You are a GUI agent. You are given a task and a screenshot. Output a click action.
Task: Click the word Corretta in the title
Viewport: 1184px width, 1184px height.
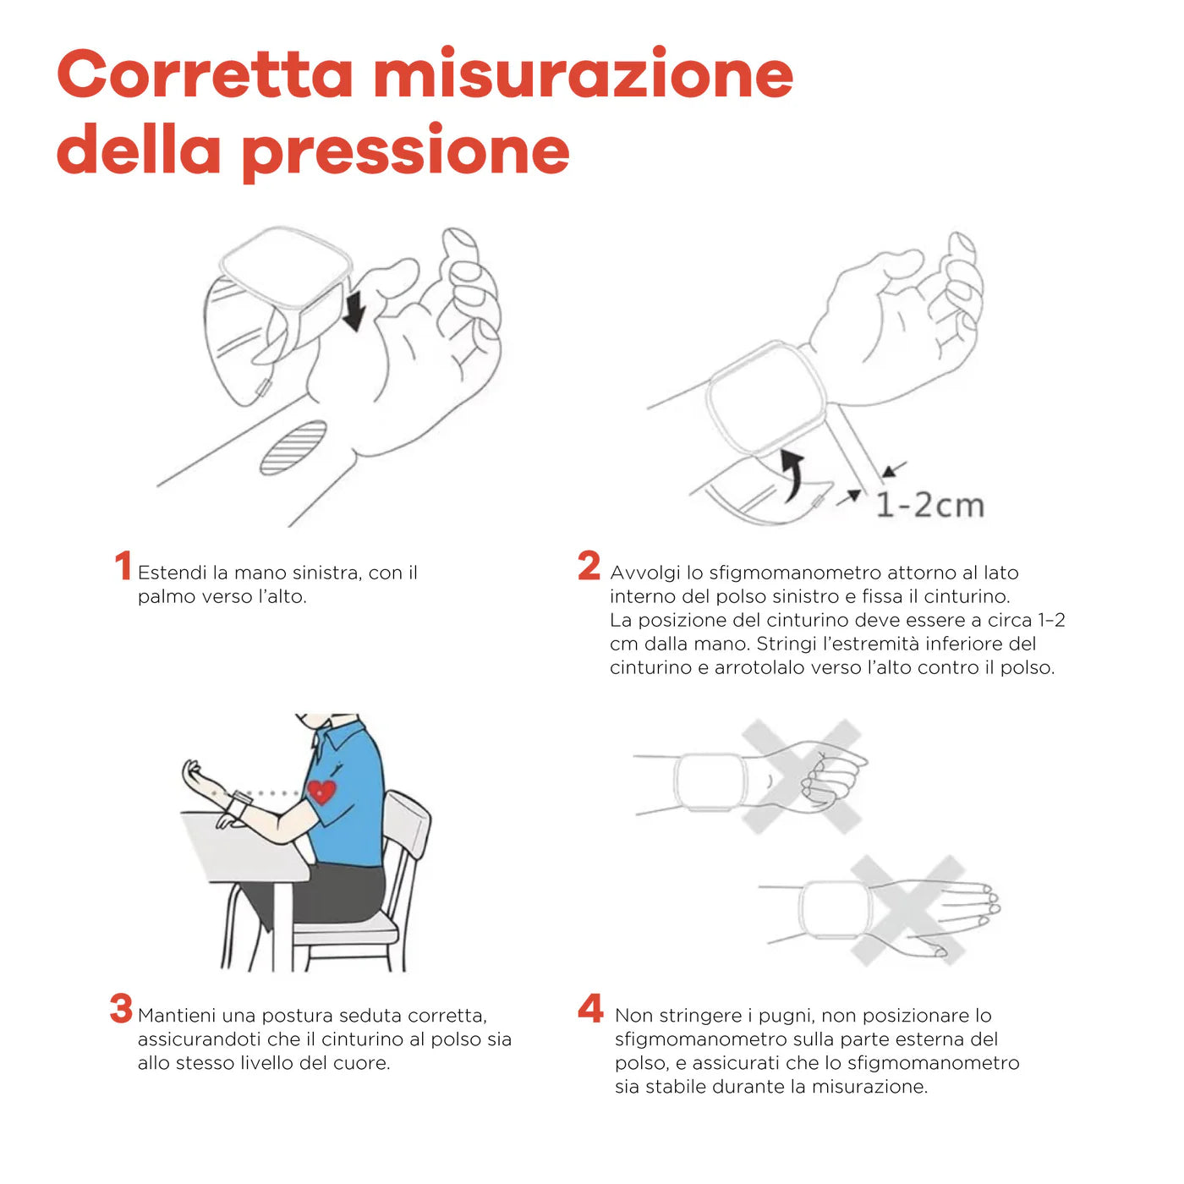[x=205, y=74]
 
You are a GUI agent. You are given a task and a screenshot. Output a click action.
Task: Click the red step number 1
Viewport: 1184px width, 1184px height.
[x=123, y=566]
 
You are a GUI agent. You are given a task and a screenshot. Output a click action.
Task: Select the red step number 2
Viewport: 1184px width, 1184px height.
[x=589, y=566]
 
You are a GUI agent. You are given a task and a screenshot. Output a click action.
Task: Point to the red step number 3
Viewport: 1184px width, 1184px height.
[x=121, y=1008]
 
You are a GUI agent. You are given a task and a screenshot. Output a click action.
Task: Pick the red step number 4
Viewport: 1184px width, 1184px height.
[x=590, y=1008]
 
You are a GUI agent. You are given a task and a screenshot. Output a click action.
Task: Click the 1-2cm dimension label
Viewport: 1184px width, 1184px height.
[x=929, y=505]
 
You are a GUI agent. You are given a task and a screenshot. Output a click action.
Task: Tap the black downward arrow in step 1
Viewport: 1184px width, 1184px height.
[x=354, y=310]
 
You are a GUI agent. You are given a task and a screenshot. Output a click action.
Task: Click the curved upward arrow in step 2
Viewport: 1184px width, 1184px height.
[x=792, y=474]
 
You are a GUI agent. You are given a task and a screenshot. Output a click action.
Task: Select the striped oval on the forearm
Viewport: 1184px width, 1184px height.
[x=293, y=447]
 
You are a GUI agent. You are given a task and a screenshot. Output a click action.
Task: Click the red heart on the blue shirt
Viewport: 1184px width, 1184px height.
[x=321, y=792]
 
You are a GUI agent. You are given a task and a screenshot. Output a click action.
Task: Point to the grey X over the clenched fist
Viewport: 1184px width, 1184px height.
[x=801, y=776]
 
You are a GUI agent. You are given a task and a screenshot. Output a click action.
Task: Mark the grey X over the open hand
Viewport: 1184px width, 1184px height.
[x=907, y=910]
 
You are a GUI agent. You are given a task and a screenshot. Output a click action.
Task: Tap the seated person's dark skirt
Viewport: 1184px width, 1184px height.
[x=338, y=892]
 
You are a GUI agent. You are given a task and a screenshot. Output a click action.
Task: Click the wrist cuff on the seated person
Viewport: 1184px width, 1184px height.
[x=238, y=803]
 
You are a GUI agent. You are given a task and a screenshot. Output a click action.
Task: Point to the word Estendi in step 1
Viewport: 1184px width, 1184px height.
[x=172, y=573]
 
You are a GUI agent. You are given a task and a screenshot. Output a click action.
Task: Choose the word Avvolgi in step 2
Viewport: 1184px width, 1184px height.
[x=644, y=573]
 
